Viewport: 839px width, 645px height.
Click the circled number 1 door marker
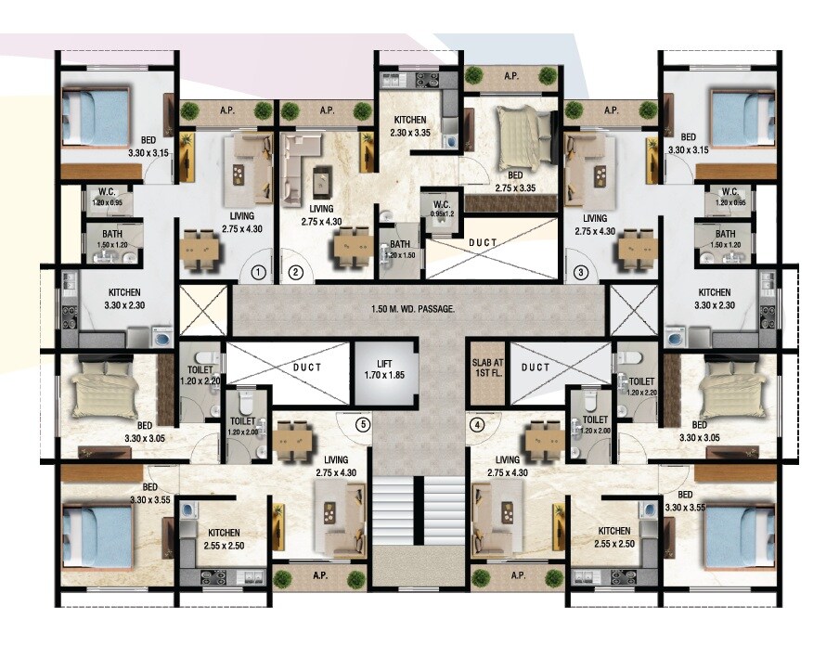point(259,272)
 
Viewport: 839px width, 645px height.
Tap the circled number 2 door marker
point(295,272)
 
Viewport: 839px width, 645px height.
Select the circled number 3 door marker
point(581,272)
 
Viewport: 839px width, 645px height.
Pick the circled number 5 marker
point(364,426)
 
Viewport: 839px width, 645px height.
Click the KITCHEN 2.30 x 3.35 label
point(409,126)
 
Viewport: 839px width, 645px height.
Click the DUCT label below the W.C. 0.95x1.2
point(482,243)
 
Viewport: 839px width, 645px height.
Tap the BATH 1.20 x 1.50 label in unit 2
point(401,249)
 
